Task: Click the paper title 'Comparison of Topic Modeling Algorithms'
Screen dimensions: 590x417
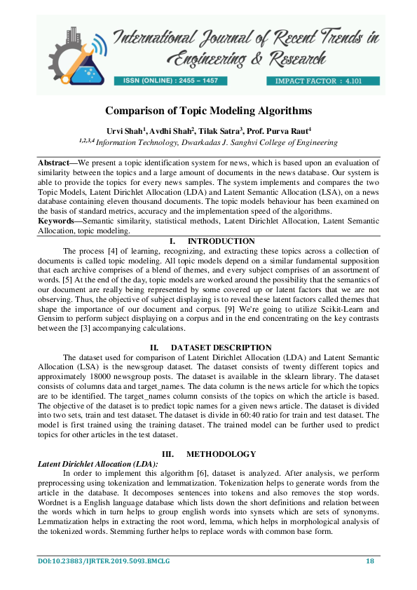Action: (208, 111)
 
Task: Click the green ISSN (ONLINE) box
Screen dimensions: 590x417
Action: (170, 81)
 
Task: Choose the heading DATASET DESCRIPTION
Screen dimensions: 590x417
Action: (221, 348)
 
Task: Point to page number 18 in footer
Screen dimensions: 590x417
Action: (370, 560)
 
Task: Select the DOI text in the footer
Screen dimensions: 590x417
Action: (104, 561)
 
